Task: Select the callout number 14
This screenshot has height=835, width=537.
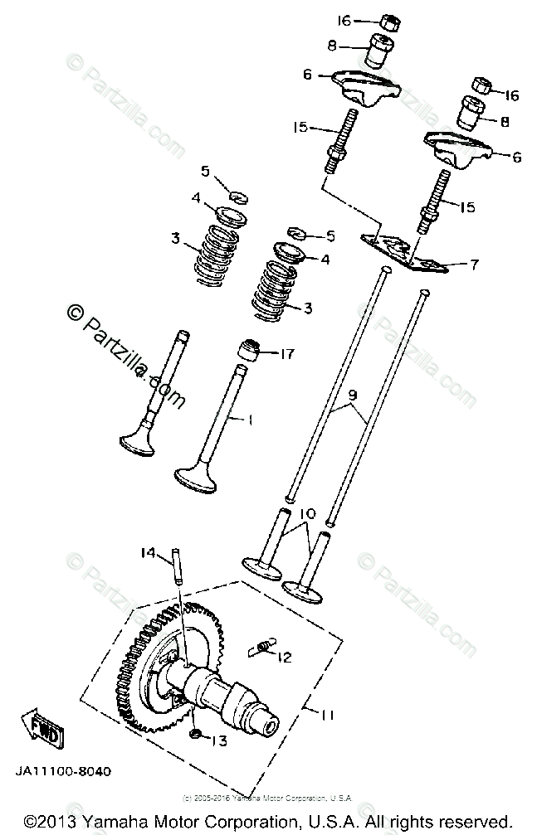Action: coord(149,552)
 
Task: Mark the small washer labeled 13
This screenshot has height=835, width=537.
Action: coord(195,735)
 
